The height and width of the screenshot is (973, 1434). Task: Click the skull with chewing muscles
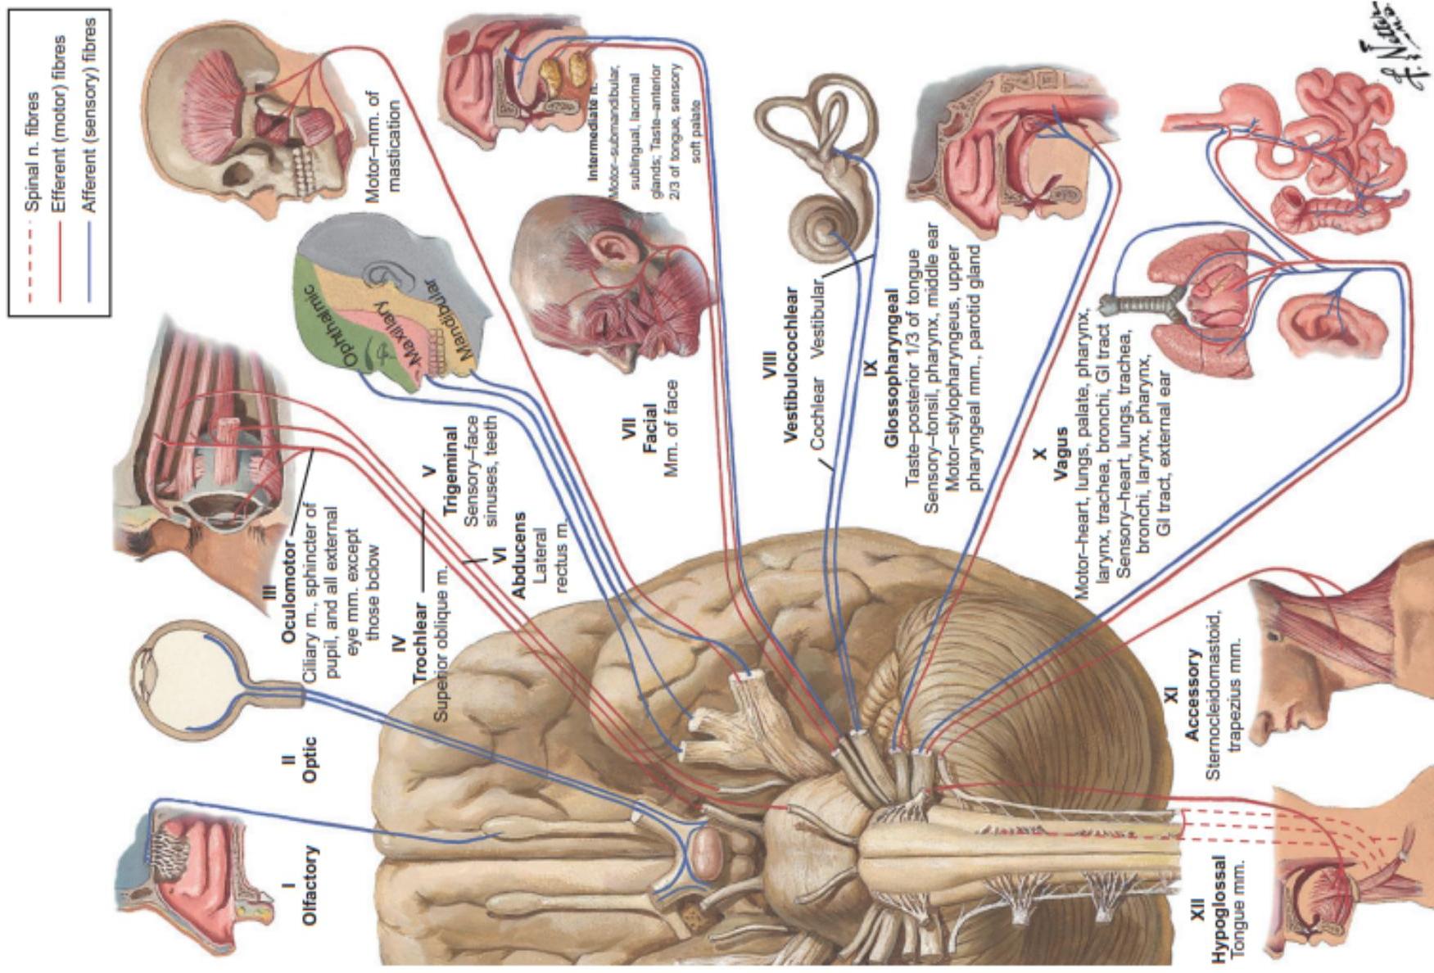pos(254,123)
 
